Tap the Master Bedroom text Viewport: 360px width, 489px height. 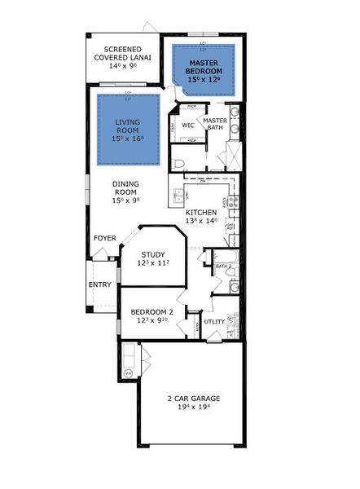204,66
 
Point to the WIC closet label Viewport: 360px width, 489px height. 187,126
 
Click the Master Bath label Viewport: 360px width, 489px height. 215,125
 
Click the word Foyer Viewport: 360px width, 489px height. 104,238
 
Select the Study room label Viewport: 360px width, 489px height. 154,254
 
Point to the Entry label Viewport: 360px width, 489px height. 99,284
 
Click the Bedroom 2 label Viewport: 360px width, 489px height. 154,312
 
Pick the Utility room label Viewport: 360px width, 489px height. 214,321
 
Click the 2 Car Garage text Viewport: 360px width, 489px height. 194,399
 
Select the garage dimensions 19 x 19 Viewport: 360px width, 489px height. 194,409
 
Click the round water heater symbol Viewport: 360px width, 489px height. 128,372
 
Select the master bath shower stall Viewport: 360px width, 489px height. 231,153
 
